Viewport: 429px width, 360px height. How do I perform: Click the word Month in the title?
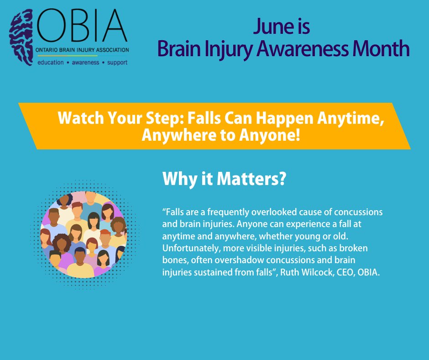click(x=382, y=48)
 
